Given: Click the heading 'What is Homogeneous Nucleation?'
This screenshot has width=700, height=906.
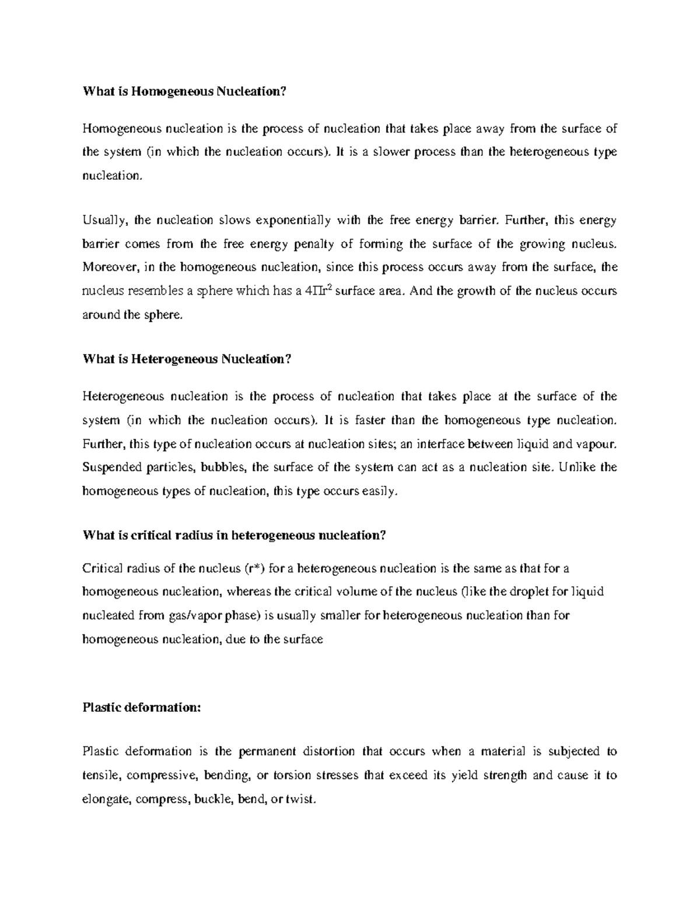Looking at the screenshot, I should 185,91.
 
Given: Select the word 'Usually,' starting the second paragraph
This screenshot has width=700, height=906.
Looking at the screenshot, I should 106,221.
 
